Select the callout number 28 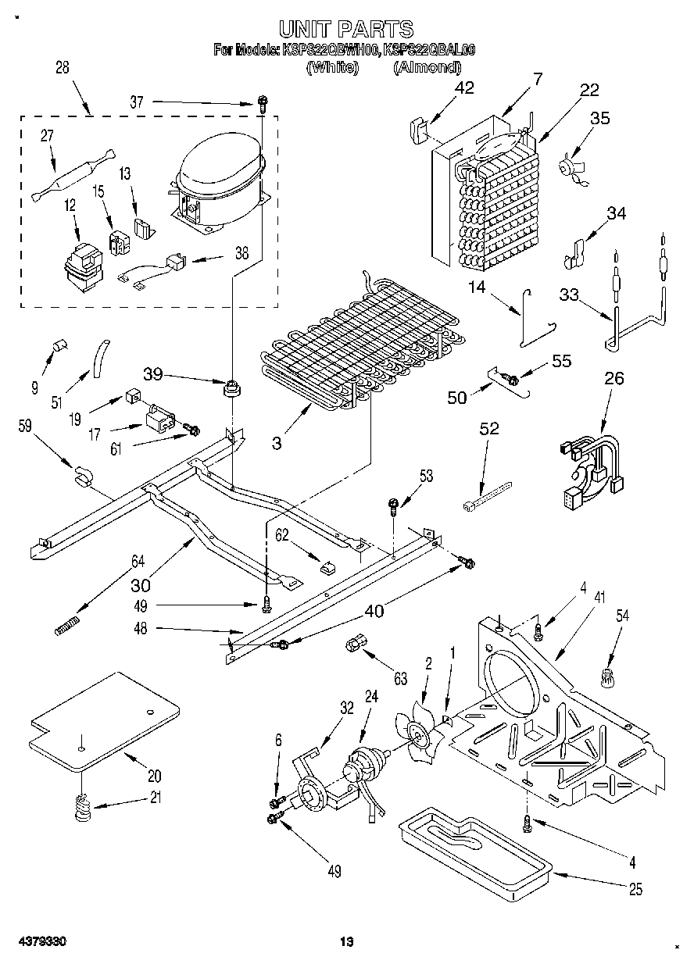click(x=63, y=67)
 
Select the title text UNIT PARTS click(x=345, y=29)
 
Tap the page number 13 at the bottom click(x=346, y=942)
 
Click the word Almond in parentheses click(x=426, y=67)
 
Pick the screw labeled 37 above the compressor click(x=263, y=102)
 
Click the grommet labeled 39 click(x=232, y=386)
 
